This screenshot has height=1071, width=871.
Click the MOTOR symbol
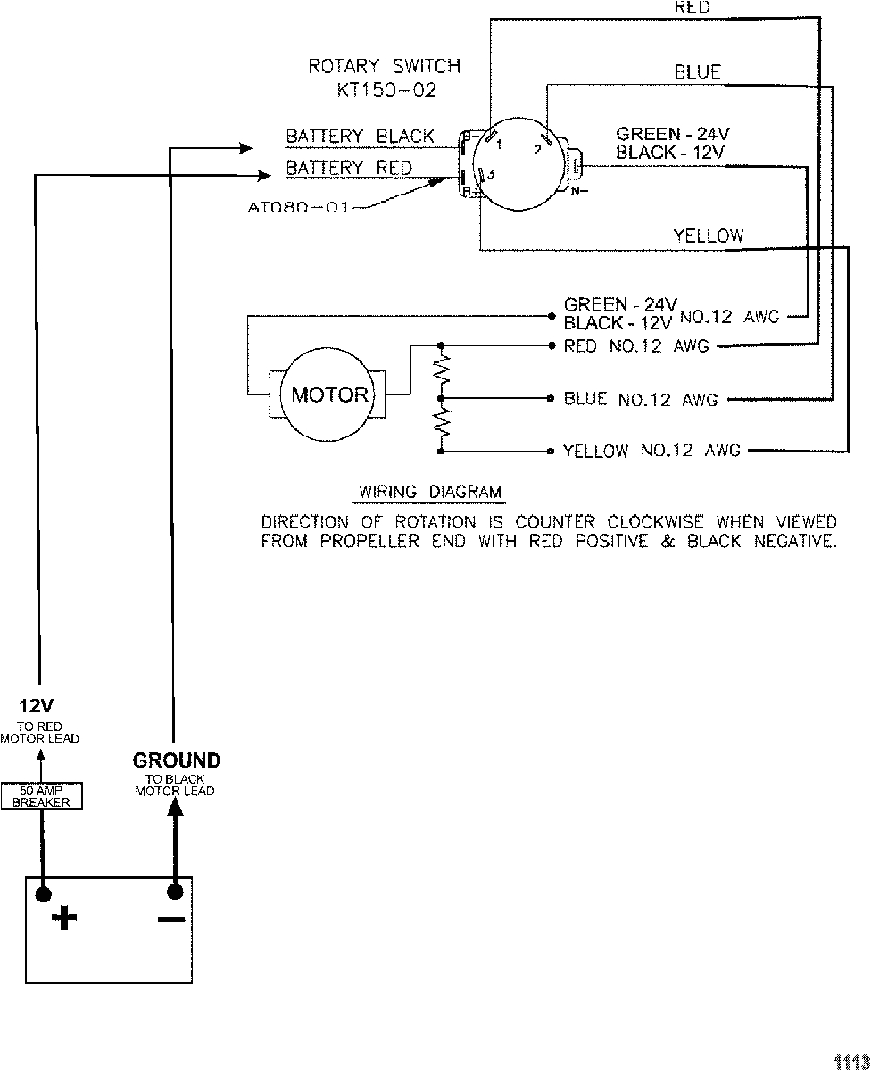(329, 394)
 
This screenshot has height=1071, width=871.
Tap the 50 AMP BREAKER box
(41, 795)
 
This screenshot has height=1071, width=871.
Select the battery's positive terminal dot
(41, 891)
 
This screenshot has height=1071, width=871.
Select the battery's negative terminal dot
(175, 891)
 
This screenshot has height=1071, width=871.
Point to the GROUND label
(176, 760)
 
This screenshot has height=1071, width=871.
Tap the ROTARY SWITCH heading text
(385, 66)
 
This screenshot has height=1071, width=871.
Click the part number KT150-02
(387, 90)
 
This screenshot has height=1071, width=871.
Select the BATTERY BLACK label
(360, 137)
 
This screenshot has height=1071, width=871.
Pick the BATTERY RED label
(349, 168)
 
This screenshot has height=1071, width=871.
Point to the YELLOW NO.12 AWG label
(651, 452)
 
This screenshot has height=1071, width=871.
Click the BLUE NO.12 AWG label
(641, 400)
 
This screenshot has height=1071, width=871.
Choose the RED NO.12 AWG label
(635, 346)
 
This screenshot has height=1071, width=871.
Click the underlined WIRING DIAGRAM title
(430, 492)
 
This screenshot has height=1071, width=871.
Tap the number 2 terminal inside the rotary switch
(538, 150)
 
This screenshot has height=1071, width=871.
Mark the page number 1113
(850, 1060)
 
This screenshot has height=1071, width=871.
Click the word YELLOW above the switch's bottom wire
(708, 236)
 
